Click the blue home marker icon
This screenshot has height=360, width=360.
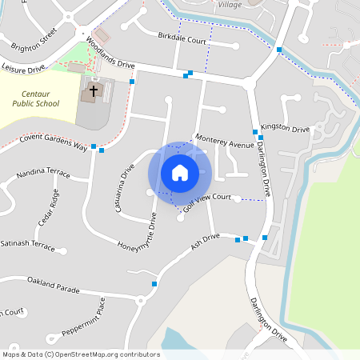[x=180, y=173]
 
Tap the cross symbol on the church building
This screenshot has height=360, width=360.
[x=93, y=90]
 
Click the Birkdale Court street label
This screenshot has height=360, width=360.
[x=182, y=38]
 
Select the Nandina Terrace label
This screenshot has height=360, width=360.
[x=43, y=172]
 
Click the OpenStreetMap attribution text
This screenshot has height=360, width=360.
[x=82, y=354]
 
